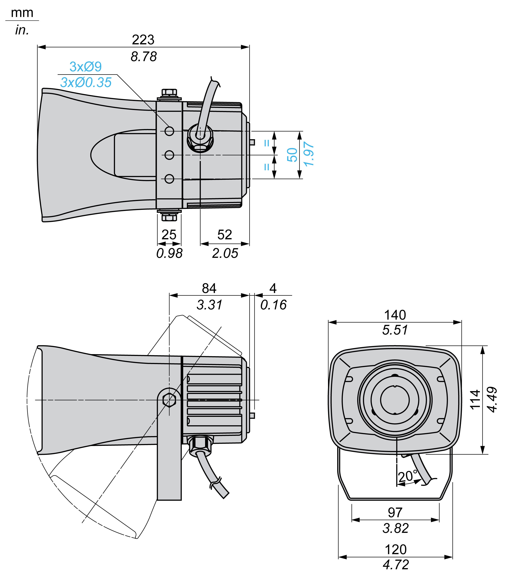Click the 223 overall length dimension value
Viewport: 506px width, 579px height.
click(x=143, y=40)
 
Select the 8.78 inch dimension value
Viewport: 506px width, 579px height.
click(x=144, y=57)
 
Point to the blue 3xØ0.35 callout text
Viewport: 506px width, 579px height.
click(x=86, y=82)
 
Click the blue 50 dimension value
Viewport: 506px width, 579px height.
click(x=292, y=155)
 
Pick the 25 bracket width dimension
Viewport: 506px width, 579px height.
click(x=169, y=235)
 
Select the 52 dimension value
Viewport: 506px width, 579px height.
click(x=225, y=235)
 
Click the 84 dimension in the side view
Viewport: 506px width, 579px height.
click(x=209, y=289)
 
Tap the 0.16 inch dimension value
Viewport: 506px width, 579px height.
click(x=273, y=305)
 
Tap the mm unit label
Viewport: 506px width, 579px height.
click(x=22, y=13)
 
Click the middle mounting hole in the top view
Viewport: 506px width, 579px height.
click(x=169, y=155)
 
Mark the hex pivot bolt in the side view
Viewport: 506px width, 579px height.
click(x=169, y=400)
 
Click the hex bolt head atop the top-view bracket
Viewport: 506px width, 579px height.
click(x=169, y=92)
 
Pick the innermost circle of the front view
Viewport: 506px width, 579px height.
click(x=395, y=400)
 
